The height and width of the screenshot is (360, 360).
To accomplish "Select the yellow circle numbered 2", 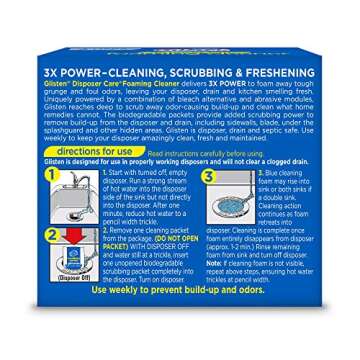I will (x=43, y=236).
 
